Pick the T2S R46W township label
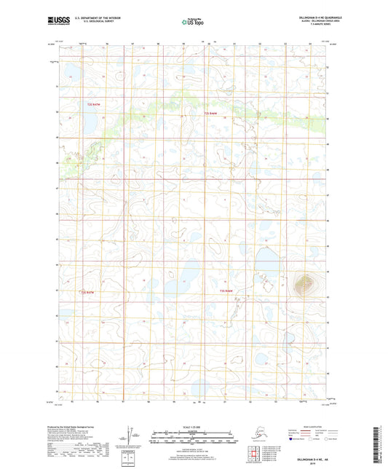pos(211,114)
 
